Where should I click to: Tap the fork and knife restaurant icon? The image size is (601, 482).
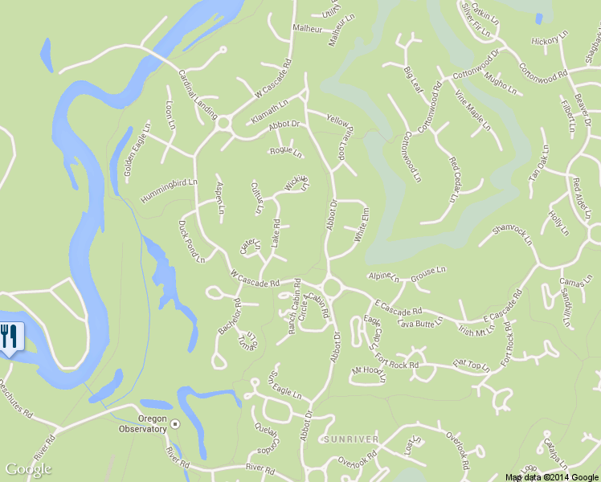(10, 336)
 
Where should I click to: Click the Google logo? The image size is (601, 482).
(29, 469)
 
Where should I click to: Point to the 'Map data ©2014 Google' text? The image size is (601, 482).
(552, 477)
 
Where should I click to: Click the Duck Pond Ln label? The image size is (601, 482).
(192, 241)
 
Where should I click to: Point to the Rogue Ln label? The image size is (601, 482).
(286, 151)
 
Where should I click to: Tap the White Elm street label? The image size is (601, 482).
(362, 226)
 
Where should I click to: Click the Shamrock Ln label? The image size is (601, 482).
(512, 234)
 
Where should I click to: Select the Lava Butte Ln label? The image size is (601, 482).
(420, 323)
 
